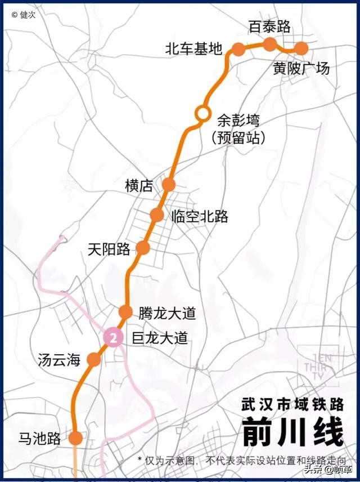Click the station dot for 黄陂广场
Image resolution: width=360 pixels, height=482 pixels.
pos(301,48)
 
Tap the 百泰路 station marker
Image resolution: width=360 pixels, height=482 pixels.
pos(270,44)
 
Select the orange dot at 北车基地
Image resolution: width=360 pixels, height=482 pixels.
pos(238,49)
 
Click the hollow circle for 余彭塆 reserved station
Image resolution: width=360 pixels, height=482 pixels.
pos(202,113)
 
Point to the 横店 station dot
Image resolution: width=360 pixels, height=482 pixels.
pos(169,184)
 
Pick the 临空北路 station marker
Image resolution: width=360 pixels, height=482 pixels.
pos(157,215)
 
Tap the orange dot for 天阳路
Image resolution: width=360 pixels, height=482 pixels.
pos(143,248)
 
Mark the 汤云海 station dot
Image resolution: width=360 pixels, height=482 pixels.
pos(94,359)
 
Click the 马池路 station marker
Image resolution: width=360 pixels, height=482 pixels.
pos(75,438)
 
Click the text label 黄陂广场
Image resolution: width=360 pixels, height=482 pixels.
pos(301,68)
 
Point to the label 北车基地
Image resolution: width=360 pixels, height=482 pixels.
pos(193,49)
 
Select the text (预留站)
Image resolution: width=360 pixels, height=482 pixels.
pos(238,137)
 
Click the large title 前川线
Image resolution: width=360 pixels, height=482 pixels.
pos(292,432)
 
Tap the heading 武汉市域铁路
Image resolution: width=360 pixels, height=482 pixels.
pos(291,404)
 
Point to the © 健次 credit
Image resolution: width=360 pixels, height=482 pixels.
pos(24,15)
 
